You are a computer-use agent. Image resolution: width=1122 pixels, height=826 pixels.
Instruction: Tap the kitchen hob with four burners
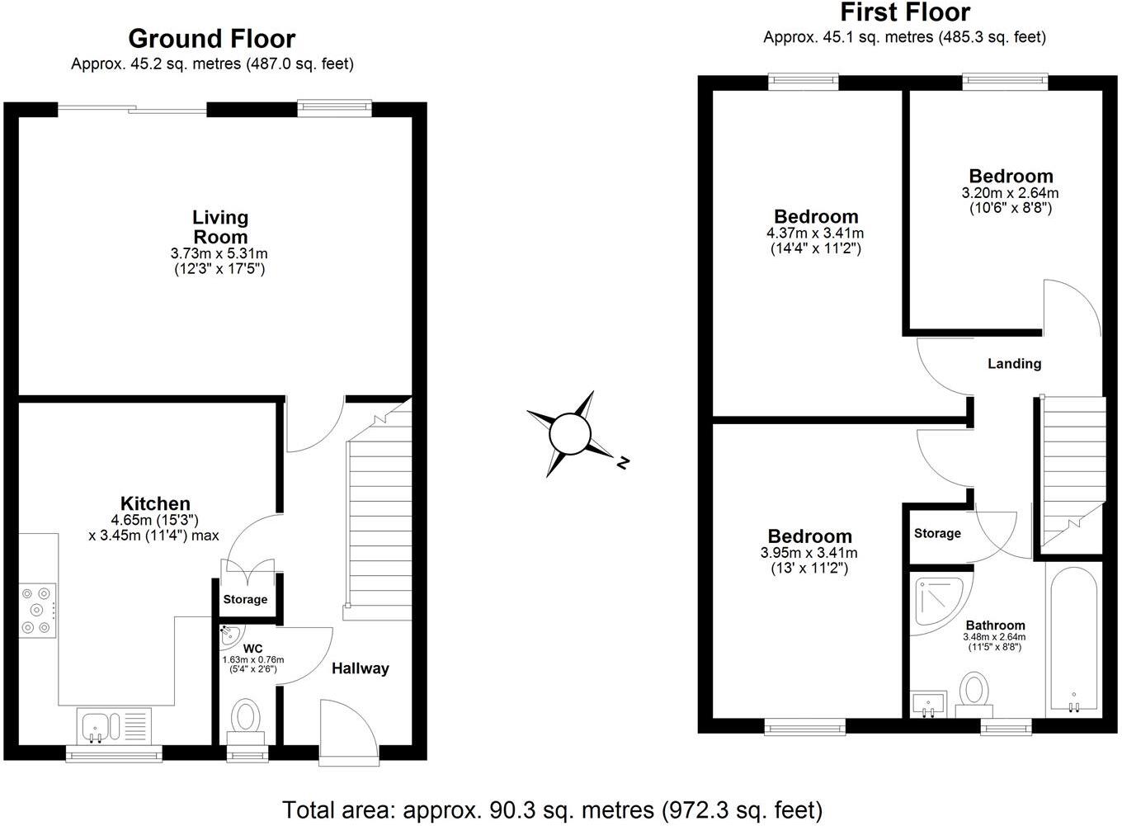37,611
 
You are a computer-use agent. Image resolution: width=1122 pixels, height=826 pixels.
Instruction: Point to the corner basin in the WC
229,635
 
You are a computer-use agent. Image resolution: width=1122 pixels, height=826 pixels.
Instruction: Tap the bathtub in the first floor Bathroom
1073,640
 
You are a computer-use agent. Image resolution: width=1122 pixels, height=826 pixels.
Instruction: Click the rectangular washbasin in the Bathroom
930,704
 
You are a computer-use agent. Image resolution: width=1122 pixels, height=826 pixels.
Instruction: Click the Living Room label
220,227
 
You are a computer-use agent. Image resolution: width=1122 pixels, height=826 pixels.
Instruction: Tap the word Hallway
360,668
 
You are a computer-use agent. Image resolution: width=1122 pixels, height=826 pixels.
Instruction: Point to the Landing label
1014,363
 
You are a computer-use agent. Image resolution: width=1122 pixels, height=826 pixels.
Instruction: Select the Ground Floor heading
211,39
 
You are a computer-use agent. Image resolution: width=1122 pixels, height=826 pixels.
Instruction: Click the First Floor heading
904,12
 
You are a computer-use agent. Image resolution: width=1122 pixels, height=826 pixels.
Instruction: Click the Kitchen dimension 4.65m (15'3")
155,520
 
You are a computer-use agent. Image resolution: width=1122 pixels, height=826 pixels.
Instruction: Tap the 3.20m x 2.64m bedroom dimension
1010,193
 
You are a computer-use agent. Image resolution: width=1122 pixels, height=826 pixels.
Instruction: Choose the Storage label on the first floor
937,533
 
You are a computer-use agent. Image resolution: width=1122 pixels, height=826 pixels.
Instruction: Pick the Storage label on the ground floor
245,599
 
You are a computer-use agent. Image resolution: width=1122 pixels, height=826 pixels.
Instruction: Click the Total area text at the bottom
552,809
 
